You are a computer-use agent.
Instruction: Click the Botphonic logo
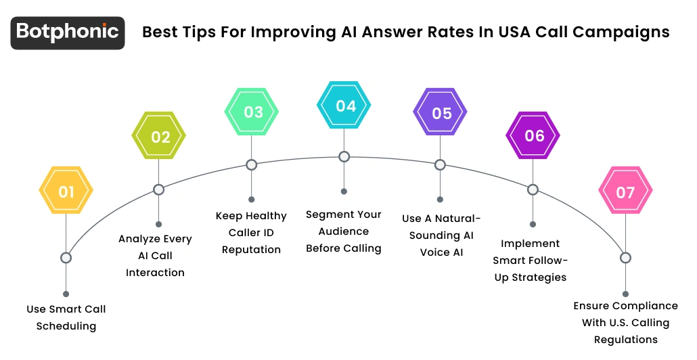[x=68, y=32]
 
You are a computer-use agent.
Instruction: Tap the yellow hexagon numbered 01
[x=66, y=192]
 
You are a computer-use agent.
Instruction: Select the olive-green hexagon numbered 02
[x=158, y=137]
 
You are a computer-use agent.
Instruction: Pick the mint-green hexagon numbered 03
[x=251, y=112]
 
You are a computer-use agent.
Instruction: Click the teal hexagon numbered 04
[x=344, y=106]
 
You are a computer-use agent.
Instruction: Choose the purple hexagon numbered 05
[x=440, y=112]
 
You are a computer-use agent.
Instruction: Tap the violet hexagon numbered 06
[x=533, y=135]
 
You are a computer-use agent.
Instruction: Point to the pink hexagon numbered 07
[x=625, y=192]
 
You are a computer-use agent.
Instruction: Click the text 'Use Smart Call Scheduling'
[x=66, y=317]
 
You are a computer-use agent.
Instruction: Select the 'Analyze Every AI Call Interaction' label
[x=156, y=256]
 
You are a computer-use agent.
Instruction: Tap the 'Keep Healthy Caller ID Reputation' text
[x=251, y=233]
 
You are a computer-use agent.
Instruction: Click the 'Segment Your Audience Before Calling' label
[x=344, y=231]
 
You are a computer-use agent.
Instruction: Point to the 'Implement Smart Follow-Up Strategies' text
[x=530, y=260]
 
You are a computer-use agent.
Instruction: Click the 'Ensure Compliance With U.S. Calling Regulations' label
[x=626, y=323]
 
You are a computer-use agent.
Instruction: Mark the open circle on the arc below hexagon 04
[x=344, y=157]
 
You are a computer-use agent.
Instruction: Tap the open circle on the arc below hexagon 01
[x=66, y=257]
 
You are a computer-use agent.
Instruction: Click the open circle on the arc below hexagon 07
[x=625, y=258]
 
